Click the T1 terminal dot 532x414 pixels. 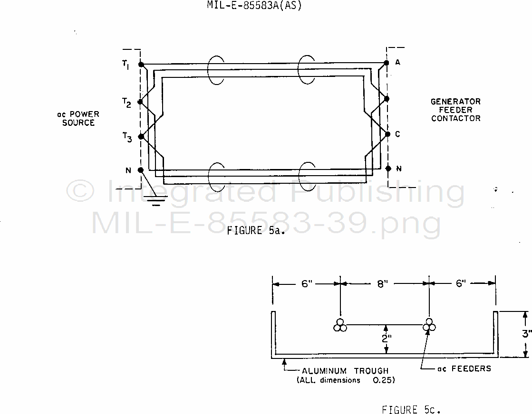point(141,65)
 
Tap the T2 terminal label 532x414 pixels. point(126,103)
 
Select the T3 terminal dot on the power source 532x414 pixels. point(141,137)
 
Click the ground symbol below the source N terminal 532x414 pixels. point(156,200)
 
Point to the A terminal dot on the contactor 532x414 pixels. point(386,63)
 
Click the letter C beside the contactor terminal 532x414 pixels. point(397,134)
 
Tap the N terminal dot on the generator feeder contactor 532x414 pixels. point(388,169)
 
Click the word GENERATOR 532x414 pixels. point(455,102)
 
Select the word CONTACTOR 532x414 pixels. point(455,119)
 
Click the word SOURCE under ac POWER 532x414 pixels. point(78,122)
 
